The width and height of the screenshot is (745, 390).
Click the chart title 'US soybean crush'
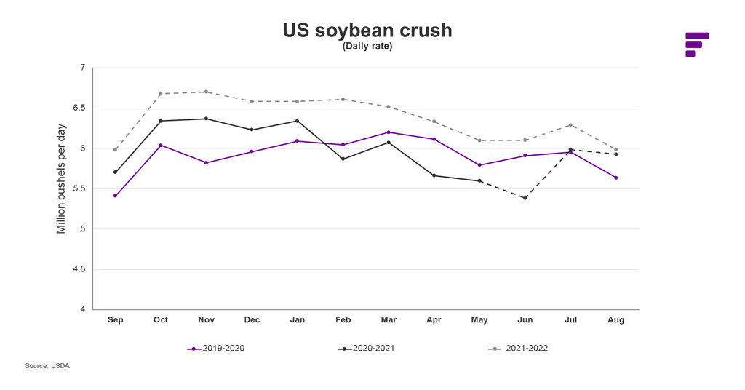coord(367,31)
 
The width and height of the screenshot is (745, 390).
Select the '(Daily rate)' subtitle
coord(367,47)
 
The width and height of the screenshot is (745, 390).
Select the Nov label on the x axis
coord(207,319)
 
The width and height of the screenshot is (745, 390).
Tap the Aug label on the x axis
coord(616,319)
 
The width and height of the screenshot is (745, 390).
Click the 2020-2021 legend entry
coord(367,349)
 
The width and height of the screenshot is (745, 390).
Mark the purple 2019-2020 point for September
coord(115,196)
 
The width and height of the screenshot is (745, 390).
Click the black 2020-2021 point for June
coord(525,198)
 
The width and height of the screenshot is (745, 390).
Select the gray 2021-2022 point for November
coord(207,92)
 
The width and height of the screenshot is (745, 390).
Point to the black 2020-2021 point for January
coord(298,121)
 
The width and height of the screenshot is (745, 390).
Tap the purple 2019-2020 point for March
coord(389,132)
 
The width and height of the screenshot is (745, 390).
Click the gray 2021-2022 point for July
coord(570,124)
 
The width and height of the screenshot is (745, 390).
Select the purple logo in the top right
coord(696,44)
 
